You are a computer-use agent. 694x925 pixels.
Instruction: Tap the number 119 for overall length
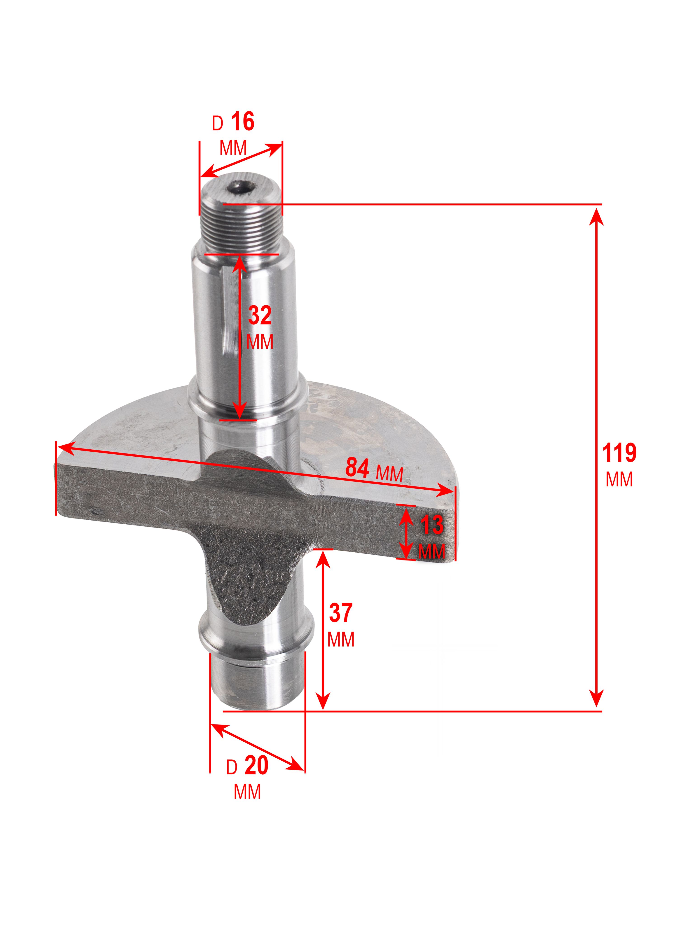pos(619,453)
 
